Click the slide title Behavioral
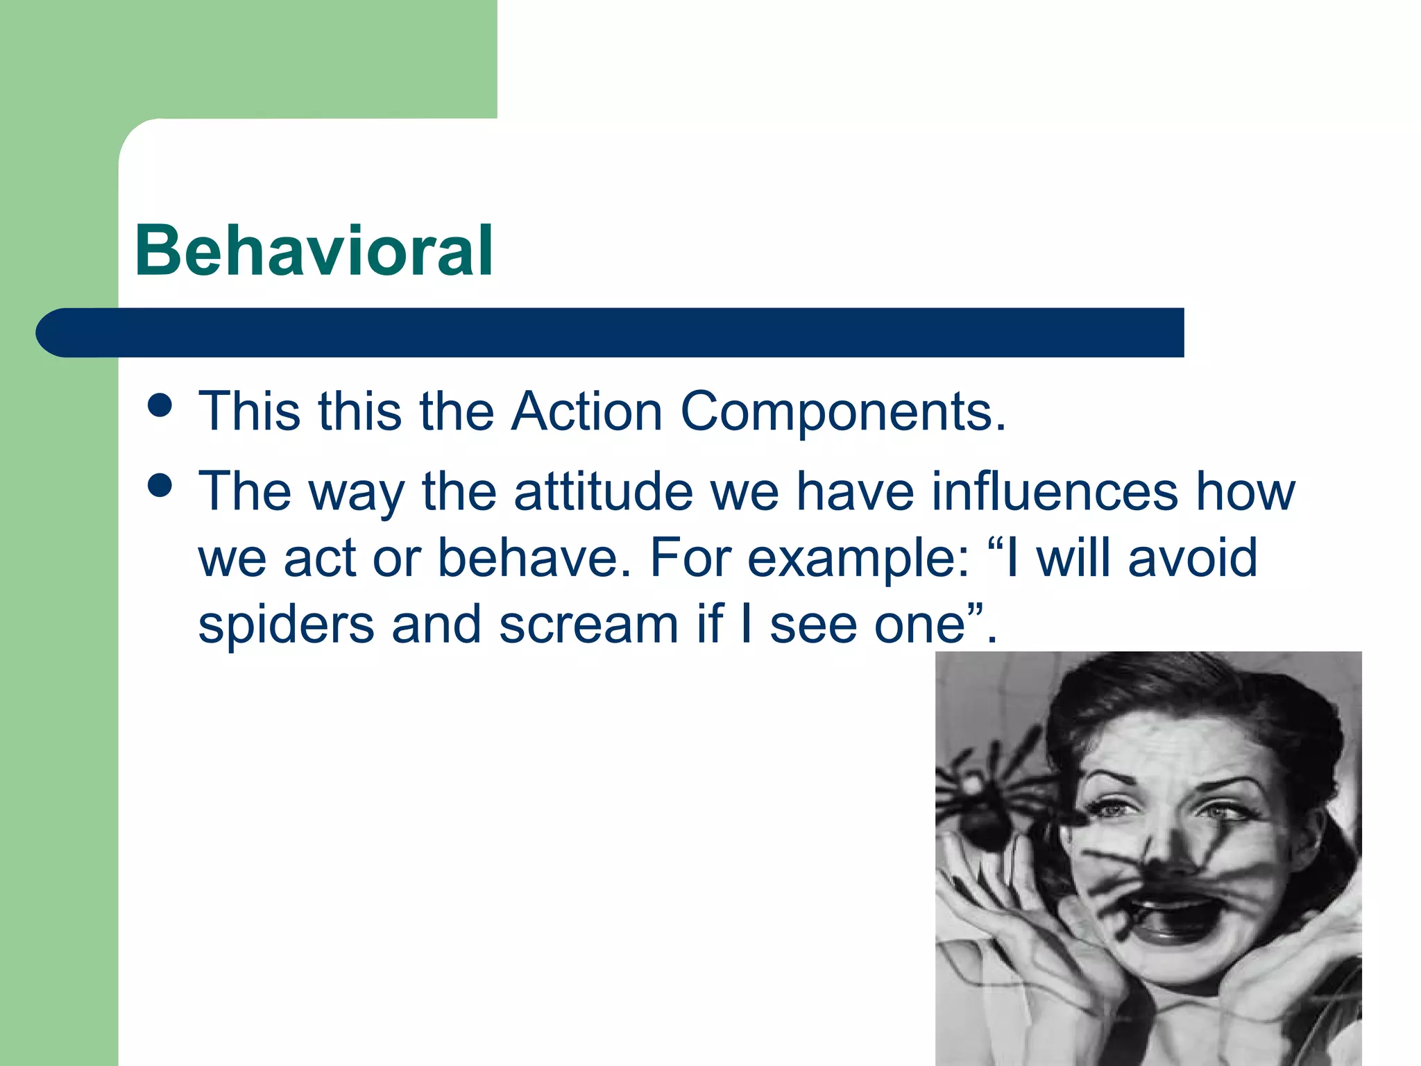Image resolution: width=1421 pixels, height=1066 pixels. [x=314, y=251]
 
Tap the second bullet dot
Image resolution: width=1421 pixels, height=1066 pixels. [x=160, y=486]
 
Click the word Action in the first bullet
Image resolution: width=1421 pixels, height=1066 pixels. [x=587, y=412]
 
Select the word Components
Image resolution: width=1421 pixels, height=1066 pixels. [x=842, y=413]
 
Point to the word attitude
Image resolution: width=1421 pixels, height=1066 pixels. [x=603, y=491]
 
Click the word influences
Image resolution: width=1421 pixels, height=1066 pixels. [x=1054, y=491]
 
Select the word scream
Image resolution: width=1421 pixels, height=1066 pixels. [x=588, y=625]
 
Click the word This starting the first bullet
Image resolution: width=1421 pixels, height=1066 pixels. [x=250, y=412]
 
